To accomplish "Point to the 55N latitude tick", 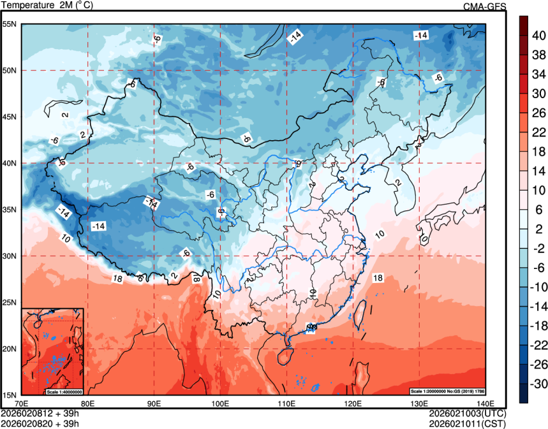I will (x=10, y=24).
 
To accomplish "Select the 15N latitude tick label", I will (x=10, y=395).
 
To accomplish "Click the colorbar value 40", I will (x=538, y=36).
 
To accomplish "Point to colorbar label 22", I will (x=538, y=132).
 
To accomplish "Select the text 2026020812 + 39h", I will (x=40, y=413).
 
